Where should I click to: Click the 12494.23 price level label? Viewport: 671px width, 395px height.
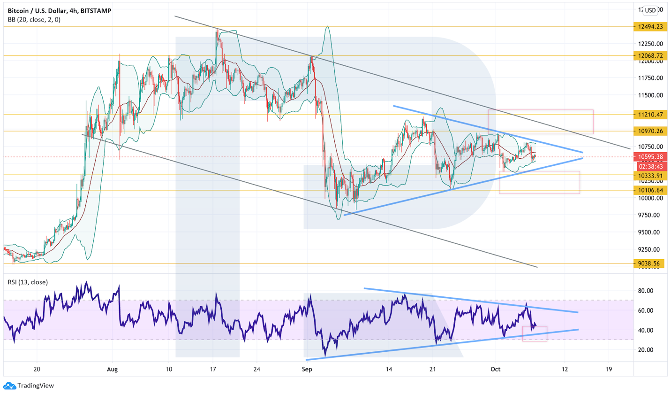tap(650, 27)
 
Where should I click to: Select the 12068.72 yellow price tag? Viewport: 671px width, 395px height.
tap(650, 56)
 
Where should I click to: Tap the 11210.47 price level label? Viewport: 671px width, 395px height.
tap(650, 115)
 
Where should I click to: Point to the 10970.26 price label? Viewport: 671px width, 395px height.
tap(650, 131)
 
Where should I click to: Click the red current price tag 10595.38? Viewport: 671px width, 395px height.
tap(650, 157)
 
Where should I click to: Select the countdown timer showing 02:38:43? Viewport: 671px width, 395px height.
tap(650, 166)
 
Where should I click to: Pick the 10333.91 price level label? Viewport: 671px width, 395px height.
tap(650, 176)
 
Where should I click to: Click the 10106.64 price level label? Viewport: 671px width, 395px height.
tap(650, 190)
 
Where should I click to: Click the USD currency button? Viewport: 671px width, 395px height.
tap(650, 10)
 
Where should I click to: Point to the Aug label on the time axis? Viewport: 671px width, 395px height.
tap(112, 369)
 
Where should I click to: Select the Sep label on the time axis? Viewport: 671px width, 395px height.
tap(307, 369)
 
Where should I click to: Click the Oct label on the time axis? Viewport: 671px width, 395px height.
tap(495, 369)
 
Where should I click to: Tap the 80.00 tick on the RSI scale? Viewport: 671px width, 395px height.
tap(645, 291)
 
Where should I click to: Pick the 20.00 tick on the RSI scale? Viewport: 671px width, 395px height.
tap(645, 350)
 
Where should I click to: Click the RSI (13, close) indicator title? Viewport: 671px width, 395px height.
tap(28, 282)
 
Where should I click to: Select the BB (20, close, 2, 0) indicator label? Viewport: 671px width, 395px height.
tap(34, 20)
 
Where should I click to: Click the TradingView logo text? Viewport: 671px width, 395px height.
tap(36, 386)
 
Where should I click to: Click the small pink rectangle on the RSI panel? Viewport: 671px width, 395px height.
tap(535, 333)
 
